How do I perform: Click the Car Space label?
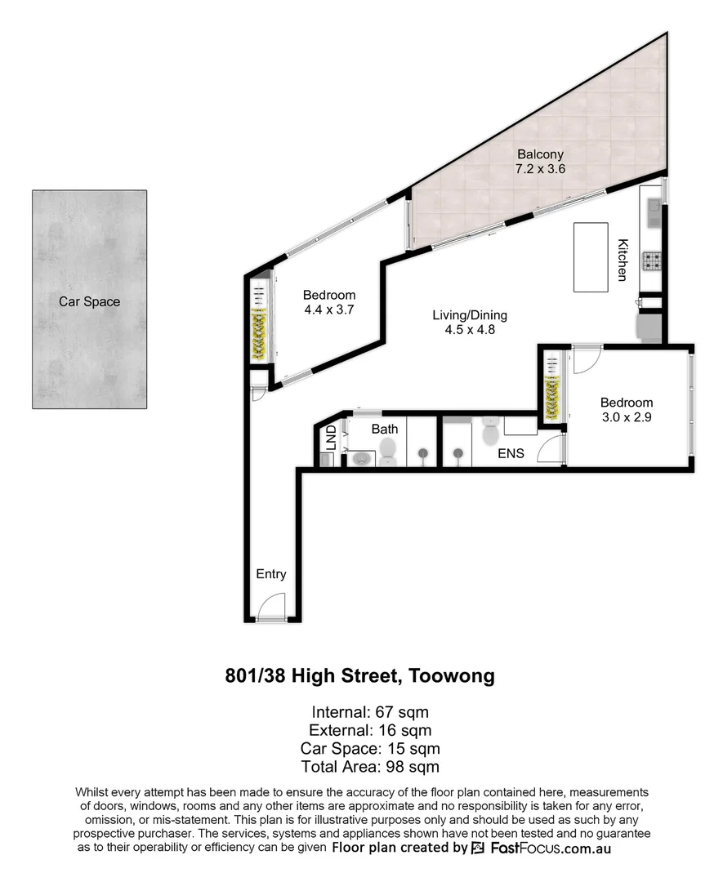[89, 301]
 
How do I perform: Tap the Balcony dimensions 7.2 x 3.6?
[540, 169]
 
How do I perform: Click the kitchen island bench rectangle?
[593, 256]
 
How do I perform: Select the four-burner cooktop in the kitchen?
[653, 261]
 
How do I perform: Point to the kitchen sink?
[654, 211]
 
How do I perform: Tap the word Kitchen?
[623, 260]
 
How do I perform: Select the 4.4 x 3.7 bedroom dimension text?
[329, 310]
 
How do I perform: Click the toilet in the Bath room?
[387, 450]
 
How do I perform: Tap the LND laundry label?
[331, 438]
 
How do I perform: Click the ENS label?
[511, 453]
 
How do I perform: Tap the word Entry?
[271, 574]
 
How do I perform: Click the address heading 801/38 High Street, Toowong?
[360, 676]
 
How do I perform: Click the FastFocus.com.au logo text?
[551, 848]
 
